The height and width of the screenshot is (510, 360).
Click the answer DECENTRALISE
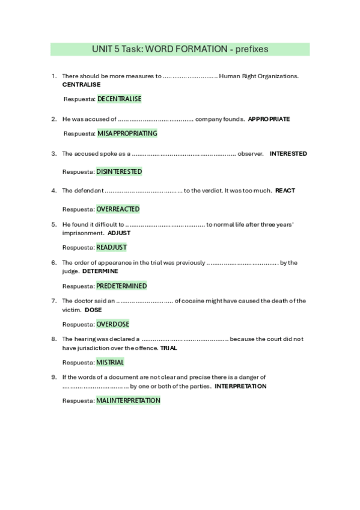coord(119,99)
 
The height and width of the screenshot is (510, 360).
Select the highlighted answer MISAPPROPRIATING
coord(127,133)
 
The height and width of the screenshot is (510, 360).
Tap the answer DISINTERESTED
coord(119,171)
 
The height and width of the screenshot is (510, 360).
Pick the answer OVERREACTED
coord(118,209)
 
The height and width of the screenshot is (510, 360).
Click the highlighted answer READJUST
coord(112,247)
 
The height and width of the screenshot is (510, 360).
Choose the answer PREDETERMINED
coord(121,286)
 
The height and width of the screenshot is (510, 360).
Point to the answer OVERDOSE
coord(112,324)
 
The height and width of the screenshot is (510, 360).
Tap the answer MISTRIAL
coord(110,362)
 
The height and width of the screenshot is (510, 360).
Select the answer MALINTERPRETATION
coord(128,401)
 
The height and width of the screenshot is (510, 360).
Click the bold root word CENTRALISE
coord(81,85)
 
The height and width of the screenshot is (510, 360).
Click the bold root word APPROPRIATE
coord(269,119)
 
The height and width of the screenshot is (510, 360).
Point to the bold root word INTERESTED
coord(288,153)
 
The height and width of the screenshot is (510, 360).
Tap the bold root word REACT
coord(285,191)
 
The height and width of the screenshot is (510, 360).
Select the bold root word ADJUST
coord(119,233)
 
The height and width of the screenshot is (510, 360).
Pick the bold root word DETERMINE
coord(100,271)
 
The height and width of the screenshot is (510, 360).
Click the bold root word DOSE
coord(93,310)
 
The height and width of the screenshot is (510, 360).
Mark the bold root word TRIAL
coord(169,348)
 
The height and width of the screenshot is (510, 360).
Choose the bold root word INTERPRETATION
coord(240,386)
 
